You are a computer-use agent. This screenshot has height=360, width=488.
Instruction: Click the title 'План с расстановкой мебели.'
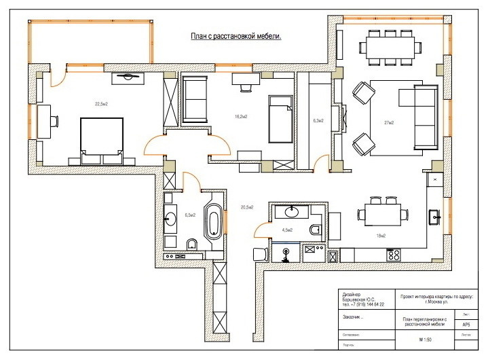pyautogui.click(x=238, y=38)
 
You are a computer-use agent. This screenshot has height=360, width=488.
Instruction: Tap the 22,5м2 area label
pyautogui.click(x=101, y=103)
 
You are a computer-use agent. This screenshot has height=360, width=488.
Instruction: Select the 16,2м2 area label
pyautogui.click(x=240, y=116)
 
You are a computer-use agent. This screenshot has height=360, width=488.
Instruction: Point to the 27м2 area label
pyautogui.click(x=389, y=123)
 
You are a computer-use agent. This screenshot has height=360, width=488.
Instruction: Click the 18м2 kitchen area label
pyautogui.click(x=380, y=236)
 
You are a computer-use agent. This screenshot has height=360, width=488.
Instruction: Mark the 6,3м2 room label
pyautogui.click(x=318, y=121)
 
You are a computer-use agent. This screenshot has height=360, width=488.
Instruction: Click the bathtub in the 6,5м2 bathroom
pyautogui.click(x=214, y=221)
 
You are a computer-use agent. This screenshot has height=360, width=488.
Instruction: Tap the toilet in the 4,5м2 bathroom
pyautogui.click(x=315, y=229)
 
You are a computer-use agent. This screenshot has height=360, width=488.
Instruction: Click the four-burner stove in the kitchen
pyautogui.click(x=393, y=255)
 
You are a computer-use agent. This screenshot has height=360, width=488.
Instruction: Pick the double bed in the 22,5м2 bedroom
pyautogui.click(x=102, y=140)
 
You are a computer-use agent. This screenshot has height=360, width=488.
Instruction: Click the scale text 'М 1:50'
pyautogui.click(x=426, y=339)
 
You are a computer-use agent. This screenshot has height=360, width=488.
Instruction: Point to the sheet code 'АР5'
pyautogui.click(x=466, y=325)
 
